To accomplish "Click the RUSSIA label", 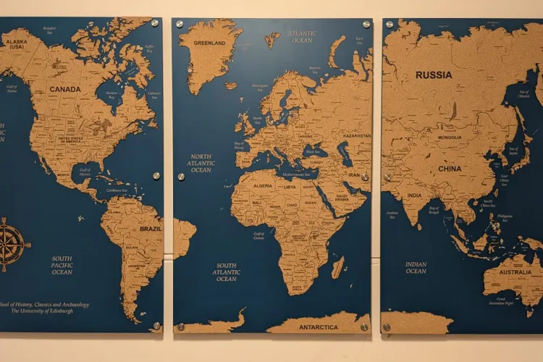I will coord(434,75).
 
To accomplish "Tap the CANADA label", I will coord(65,90).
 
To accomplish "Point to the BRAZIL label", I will coord(151,229).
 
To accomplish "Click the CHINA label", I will coord(449,169).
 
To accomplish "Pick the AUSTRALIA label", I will coord(515,273).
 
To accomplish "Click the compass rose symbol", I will coord(12,244).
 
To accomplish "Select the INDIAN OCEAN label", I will coord(416,268).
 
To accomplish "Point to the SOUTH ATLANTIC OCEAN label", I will coord(226,272).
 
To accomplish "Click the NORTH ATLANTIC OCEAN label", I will coord(201,163).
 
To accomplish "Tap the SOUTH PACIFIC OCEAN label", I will coord(62,265).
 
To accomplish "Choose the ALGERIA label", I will coord(262,186).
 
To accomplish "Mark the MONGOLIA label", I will coord(449,138).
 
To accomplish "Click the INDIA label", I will coord(414,195).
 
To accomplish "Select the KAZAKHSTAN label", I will coord(356,135).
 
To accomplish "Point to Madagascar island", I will coord(337,267).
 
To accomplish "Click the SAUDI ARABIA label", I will coord(342,197).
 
